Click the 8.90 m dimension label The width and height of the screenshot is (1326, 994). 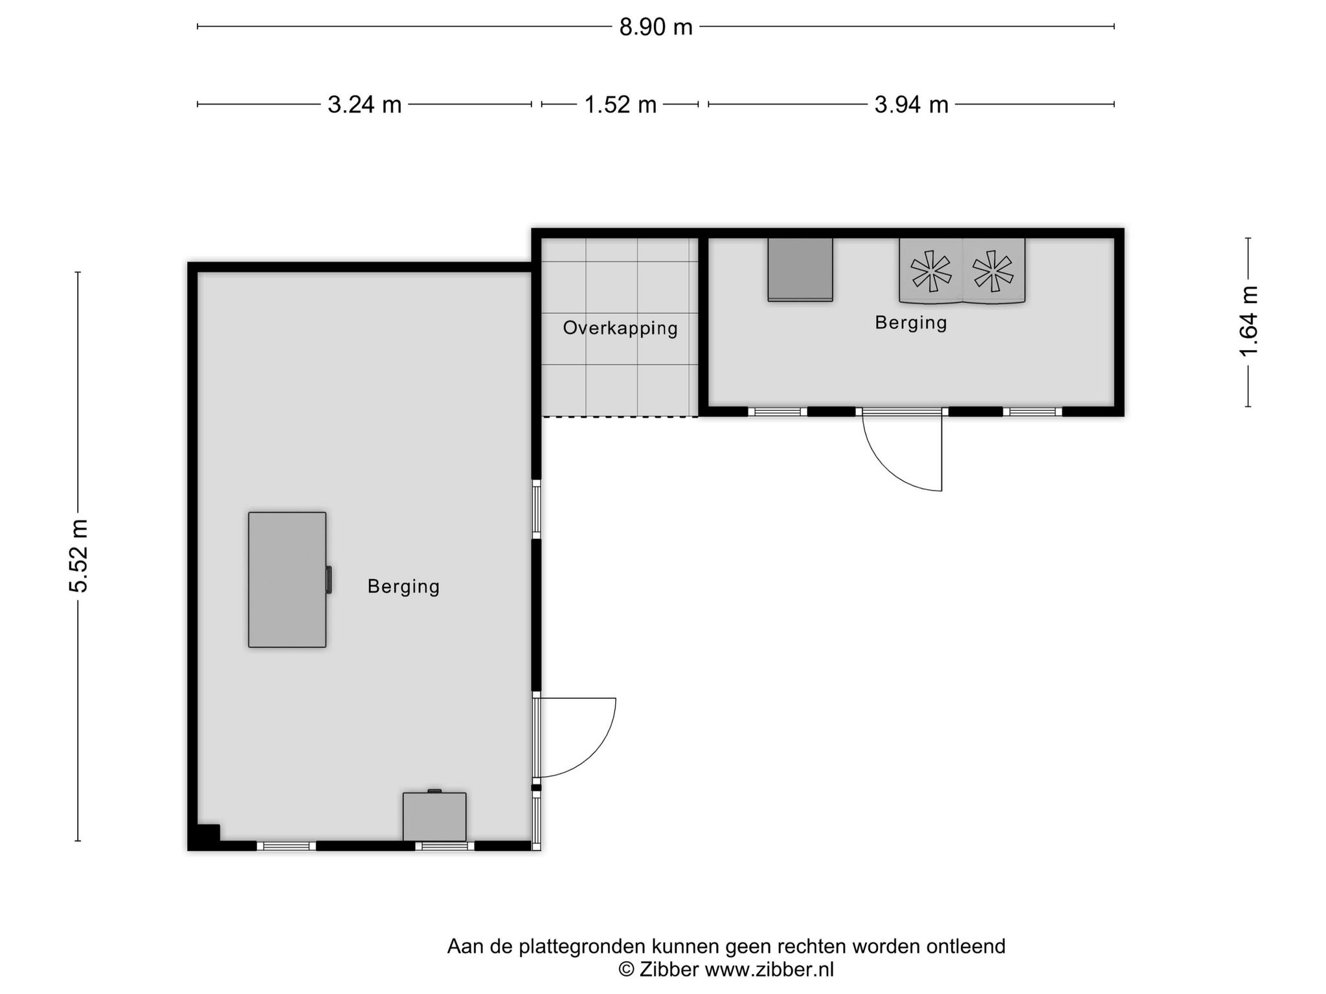(x=656, y=27)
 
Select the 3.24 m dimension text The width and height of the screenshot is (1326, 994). (x=365, y=104)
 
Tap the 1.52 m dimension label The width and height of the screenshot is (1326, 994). (x=620, y=104)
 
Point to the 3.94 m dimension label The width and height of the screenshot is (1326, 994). (x=911, y=104)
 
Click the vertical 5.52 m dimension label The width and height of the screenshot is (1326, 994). (x=78, y=556)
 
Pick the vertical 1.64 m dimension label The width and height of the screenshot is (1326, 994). (x=1248, y=322)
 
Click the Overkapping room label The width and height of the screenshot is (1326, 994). (x=620, y=328)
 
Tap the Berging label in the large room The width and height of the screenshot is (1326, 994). (x=403, y=586)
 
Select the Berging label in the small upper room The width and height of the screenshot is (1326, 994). (x=911, y=322)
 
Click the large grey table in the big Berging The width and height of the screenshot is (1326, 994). (x=287, y=580)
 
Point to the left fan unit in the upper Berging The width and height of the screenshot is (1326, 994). (x=930, y=271)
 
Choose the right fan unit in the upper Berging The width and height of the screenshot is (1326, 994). (x=993, y=271)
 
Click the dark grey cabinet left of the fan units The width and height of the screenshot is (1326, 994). (x=800, y=269)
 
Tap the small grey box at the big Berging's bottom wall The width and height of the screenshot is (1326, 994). (x=434, y=816)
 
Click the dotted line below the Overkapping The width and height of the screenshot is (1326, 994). (x=620, y=417)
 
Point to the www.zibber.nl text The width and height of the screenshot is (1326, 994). (x=769, y=969)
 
